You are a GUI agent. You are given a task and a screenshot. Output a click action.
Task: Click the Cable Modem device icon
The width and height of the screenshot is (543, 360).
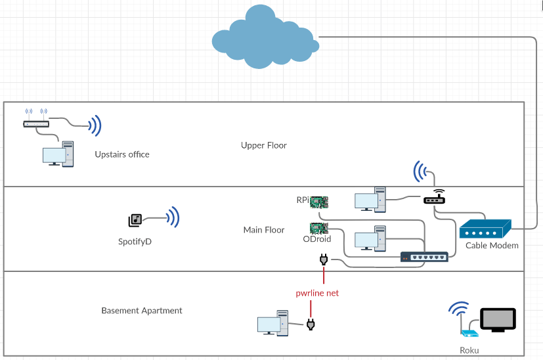(x=485, y=229)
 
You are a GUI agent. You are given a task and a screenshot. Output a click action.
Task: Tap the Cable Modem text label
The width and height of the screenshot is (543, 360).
(x=492, y=246)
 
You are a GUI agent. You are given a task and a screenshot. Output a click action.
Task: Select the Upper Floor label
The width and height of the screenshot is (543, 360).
(x=264, y=145)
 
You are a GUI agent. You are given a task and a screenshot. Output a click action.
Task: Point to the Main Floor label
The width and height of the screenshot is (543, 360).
(x=264, y=230)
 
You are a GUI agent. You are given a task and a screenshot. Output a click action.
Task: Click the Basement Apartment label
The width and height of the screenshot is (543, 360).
(x=142, y=311)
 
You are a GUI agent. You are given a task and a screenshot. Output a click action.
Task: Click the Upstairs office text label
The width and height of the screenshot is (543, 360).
(x=122, y=154)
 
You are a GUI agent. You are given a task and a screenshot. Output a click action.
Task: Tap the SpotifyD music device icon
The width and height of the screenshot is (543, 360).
(x=135, y=220)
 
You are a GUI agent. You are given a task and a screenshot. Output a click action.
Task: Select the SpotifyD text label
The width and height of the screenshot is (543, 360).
(x=135, y=242)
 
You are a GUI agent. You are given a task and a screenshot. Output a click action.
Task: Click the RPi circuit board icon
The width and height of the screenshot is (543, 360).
(x=319, y=200)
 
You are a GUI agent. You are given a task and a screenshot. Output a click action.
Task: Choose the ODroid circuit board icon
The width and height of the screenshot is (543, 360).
(x=319, y=228)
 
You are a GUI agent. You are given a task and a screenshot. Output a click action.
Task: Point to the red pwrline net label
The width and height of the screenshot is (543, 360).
(x=317, y=293)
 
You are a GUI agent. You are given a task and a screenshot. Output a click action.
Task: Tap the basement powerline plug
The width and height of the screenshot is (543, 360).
(x=311, y=324)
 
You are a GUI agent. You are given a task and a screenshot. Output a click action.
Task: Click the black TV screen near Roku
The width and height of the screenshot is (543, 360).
(x=498, y=319)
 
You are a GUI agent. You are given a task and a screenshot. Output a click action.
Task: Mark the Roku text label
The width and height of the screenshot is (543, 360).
(x=470, y=351)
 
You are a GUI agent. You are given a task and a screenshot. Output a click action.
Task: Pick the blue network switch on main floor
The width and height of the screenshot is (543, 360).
(x=425, y=256)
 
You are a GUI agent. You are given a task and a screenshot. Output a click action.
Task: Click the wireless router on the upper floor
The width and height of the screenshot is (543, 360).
(x=35, y=123)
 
